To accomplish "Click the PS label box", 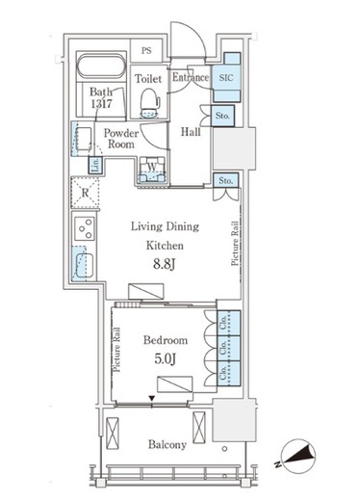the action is tap(146, 50).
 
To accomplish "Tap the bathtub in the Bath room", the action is tap(101, 66).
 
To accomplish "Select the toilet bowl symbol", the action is tap(150, 103).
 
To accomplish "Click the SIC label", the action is tap(226, 77).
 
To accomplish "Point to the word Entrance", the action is tap(191, 77).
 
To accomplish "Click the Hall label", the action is tap(191, 132).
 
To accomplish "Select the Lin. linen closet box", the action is tap(95, 166).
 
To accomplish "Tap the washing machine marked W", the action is tap(152, 170).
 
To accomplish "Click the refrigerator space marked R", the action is tap(85, 193).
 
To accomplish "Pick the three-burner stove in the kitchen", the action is tap(85, 228).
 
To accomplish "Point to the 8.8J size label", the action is tap(165, 264).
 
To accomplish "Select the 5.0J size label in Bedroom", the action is tap(165, 358).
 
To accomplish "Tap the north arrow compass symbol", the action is tap(297, 457).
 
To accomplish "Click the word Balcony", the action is tap(167, 445).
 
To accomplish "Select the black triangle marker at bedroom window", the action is tap(152, 399).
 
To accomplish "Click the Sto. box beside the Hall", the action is tap(222, 116).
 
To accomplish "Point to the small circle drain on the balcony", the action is tap(224, 449).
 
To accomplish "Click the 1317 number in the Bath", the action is tap(101, 104).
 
